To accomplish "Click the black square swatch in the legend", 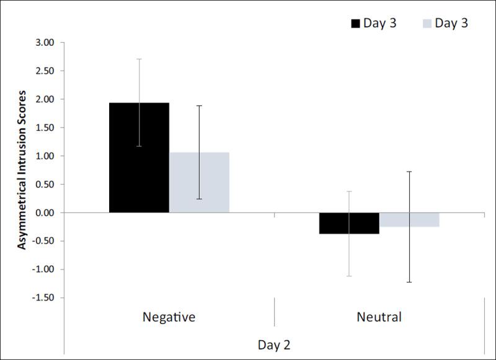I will [x=356, y=24].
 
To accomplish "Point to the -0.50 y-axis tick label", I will [x=43, y=241].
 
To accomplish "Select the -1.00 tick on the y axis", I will [x=43, y=270].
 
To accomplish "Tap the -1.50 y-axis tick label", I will [x=43, y=298].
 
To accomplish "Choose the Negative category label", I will [x=169, y=317].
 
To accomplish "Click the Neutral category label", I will [x=379, y=317].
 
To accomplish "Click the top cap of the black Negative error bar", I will [x=139, y=59].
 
